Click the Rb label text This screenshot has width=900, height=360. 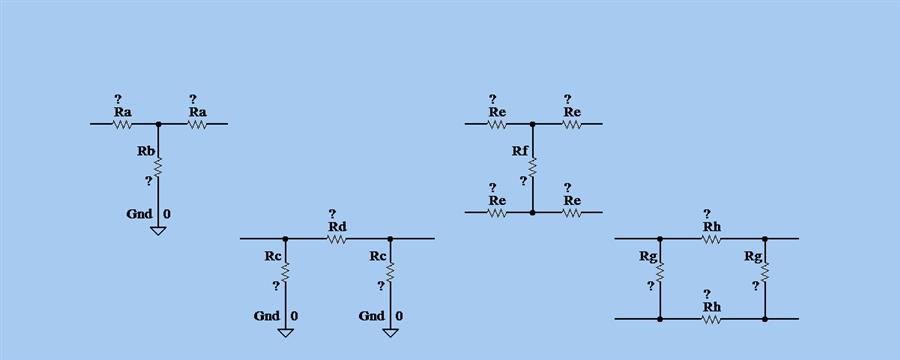145,151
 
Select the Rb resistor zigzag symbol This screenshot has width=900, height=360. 158,165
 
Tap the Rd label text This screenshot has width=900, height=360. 337,227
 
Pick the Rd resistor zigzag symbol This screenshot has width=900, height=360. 337,239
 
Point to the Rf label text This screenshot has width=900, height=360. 520,151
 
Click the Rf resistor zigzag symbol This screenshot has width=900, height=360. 532,166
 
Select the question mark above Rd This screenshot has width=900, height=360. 332,213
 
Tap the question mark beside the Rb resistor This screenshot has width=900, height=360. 149,181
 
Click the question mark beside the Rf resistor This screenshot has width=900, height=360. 523,181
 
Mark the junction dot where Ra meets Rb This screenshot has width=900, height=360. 158,124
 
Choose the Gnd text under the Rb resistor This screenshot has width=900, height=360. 140,214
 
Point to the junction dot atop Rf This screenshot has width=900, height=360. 532,124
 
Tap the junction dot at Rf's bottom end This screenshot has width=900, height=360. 532,212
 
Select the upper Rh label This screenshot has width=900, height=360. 712,227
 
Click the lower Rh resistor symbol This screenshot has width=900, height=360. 711,319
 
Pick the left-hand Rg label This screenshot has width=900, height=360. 648,257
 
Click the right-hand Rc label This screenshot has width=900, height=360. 378,256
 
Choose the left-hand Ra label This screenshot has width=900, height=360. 122,112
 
